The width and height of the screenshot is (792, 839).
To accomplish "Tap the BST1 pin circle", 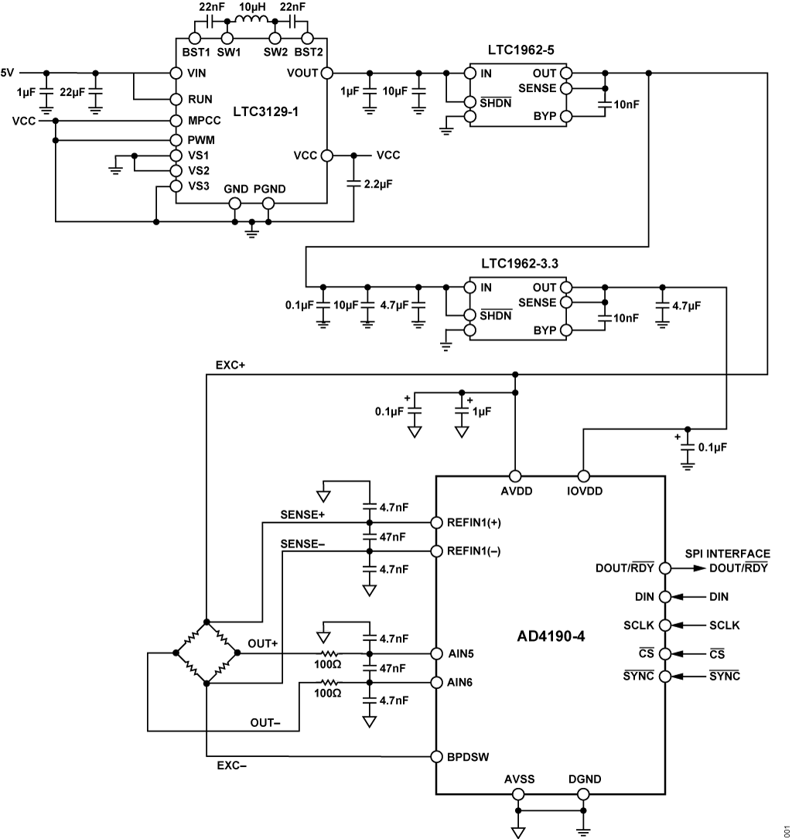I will click(195, 38).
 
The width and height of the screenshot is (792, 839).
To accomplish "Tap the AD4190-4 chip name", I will click(552, 639).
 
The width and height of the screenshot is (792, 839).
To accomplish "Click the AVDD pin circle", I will click(515, 476).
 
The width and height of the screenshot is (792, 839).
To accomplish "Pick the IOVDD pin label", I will click(584, 491).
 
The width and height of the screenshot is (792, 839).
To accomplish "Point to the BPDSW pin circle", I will click(436, 756).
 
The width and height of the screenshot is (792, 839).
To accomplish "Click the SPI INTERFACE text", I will click(727, 554).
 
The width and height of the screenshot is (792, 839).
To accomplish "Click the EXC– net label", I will click(231, 768).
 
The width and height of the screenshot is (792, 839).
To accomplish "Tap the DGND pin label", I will click(584, 779).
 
